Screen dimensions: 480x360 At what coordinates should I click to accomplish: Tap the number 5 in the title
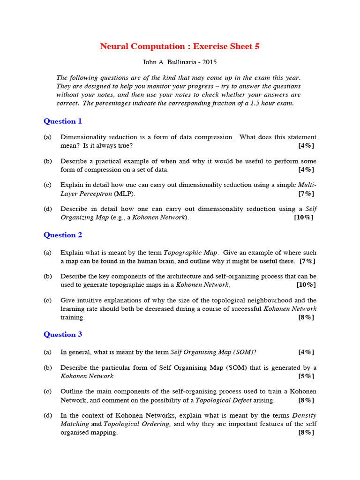pyautogui.click(x=256, y=46)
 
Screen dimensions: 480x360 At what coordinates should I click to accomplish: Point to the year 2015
pyautogui.click(x=210, y=62)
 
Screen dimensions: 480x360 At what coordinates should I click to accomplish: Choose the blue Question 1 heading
pyautogui.click(x=63, y=121)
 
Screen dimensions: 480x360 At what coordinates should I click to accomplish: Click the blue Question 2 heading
pyautogui.click(x=63, y=235)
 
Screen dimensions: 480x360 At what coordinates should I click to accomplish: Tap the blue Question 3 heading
pyautogui.click(x=63, y=335)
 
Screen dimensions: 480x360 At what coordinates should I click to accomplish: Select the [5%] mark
pyautogui.click(x=306, y=376)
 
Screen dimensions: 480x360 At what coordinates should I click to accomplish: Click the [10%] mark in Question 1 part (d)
pyautogui.click(x=304, y=217)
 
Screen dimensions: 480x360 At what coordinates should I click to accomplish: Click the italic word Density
pyautogui.click(x=304, y=416)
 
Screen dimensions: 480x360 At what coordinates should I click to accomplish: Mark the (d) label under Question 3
pyautogui.click(x=47, y=416)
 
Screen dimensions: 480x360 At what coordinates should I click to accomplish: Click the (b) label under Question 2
pyautogui.click(x=47, y=277)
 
